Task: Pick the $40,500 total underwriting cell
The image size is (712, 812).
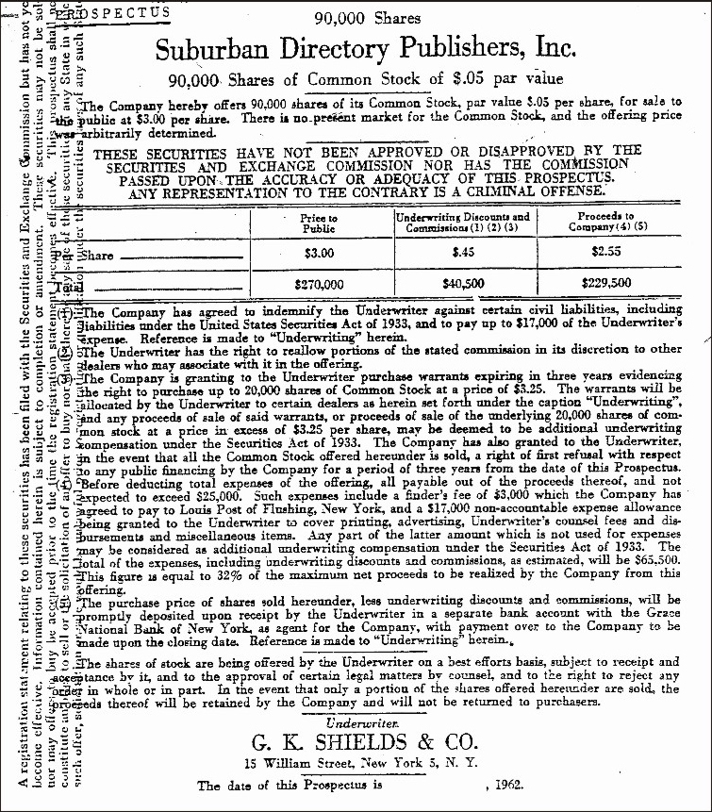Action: [x=462, y=283]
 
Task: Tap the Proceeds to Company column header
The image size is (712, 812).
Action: [x=604, y=222]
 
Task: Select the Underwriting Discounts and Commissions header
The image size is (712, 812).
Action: [x=462, y=222]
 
